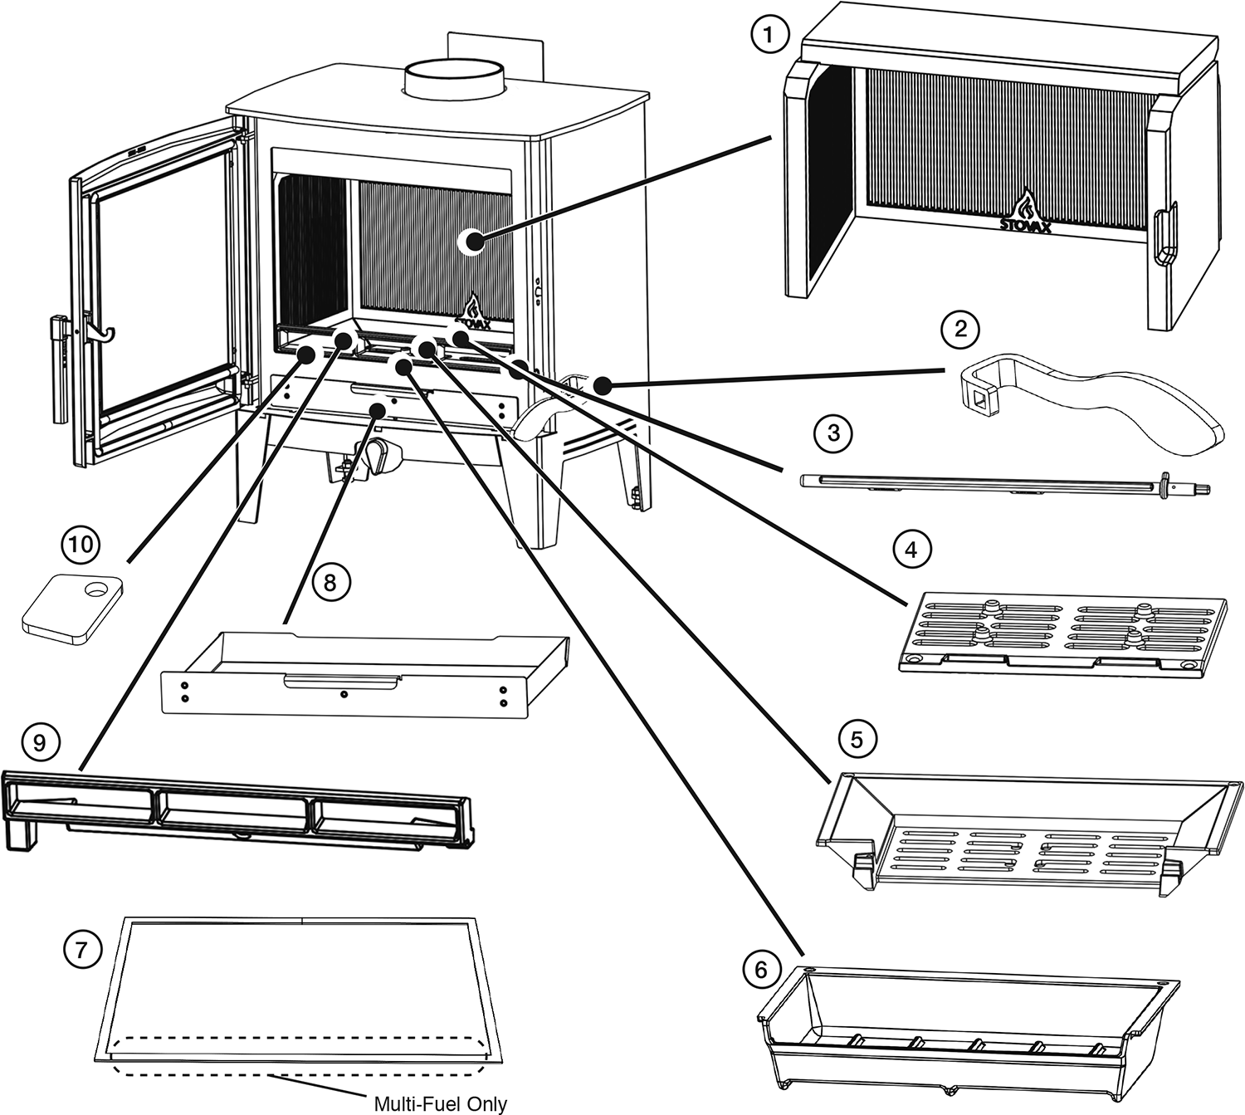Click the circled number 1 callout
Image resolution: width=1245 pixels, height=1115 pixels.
tap(768, 36)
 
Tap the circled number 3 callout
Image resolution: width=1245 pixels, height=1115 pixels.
tap(833, 433)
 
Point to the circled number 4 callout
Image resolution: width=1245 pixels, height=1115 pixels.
tap(911, 550)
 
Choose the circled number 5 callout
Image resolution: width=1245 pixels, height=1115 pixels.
tap(857, 738)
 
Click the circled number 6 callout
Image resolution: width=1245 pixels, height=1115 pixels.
tap(762, 971)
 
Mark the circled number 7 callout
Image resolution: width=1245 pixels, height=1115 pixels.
tap(81, 949)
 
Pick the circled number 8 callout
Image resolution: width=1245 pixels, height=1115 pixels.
tap(330, 583)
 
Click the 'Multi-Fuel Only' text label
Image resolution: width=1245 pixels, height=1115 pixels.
tap(440, 1104)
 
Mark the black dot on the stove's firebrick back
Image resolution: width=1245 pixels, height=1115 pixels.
tap(475, 242)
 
